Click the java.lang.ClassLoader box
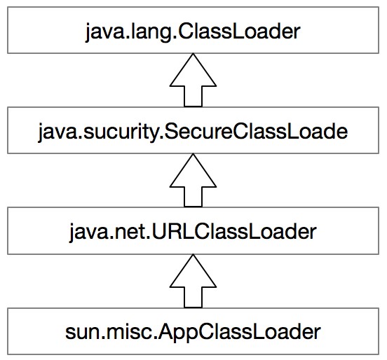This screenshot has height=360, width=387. tap(193, 30)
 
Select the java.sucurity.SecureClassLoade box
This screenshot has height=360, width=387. tap(193, 130)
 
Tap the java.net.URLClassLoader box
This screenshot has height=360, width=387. tap(193, 231)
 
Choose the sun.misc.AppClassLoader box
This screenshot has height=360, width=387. tap(193, 331)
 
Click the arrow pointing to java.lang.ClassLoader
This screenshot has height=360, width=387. tap(193, 80)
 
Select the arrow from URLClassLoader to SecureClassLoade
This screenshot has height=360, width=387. tap(193, 181)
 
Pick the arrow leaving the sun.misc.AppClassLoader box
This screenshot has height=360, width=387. tap(193, 281)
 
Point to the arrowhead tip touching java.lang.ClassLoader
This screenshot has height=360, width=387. tap(193, 53)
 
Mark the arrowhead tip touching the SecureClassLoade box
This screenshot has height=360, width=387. tap(193, 154)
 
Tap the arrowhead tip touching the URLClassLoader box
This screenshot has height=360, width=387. tap(193, 254)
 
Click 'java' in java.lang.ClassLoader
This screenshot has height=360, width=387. tap(104, 33)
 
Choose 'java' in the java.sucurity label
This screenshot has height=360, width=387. tap(57, 132)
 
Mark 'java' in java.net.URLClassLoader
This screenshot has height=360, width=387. tap(88, 233)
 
